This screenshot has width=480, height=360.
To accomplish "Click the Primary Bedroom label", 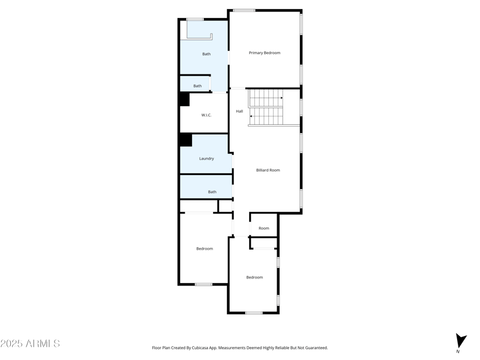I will (x=265, y=53).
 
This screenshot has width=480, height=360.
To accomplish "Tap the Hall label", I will (x=239, y=111).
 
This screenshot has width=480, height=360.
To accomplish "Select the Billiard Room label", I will (x=268, y=170).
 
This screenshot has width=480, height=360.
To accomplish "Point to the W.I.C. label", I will (x=206, y=115).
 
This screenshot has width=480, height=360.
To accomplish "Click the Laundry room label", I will (x=206, y=158).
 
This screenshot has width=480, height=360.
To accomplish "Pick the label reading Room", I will (x=264, y=228).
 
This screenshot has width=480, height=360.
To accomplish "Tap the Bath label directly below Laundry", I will (x=212, y=192).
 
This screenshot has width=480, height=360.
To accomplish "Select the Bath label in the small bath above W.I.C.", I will (x=197, y=86).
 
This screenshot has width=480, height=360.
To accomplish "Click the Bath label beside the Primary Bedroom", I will (x=206, y=54).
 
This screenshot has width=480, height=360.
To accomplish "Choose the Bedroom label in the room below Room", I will (x=254, y=277).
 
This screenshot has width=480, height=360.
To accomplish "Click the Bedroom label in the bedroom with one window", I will (x=205, y=248).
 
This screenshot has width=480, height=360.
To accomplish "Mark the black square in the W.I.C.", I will (x=184, y=100).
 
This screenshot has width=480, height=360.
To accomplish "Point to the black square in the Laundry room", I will (x=185, y=140).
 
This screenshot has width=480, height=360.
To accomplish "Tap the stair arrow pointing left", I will (x=251, y=116).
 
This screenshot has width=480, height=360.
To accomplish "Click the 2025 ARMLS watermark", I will (x=30, y=344).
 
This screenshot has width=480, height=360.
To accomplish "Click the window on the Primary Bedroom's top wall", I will (x=244, y=10).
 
